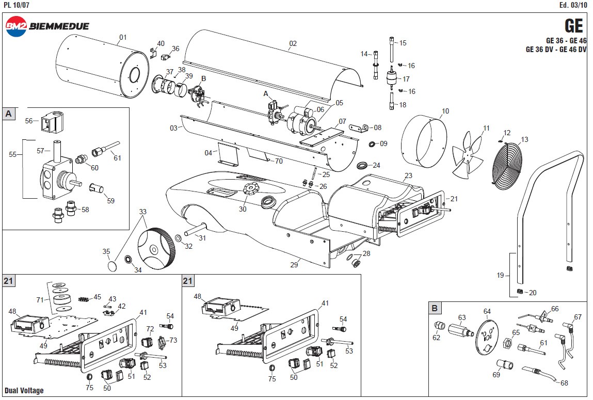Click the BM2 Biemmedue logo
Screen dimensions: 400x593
click(x=47, y=26)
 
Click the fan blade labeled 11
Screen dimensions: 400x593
click(x=468, y=154)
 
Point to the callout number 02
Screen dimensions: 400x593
click(x=293, y=44)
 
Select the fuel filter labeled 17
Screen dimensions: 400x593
click(x=393, y=79)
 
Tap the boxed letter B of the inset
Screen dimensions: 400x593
click(x=435, y=309)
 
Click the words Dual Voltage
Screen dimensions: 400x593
click(x=24, y=391)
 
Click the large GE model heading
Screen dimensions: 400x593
click(x=573, y=25)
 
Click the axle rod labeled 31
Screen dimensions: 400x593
click(x=194, y=230)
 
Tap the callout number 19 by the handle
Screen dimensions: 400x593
click(x=500, y=276)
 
